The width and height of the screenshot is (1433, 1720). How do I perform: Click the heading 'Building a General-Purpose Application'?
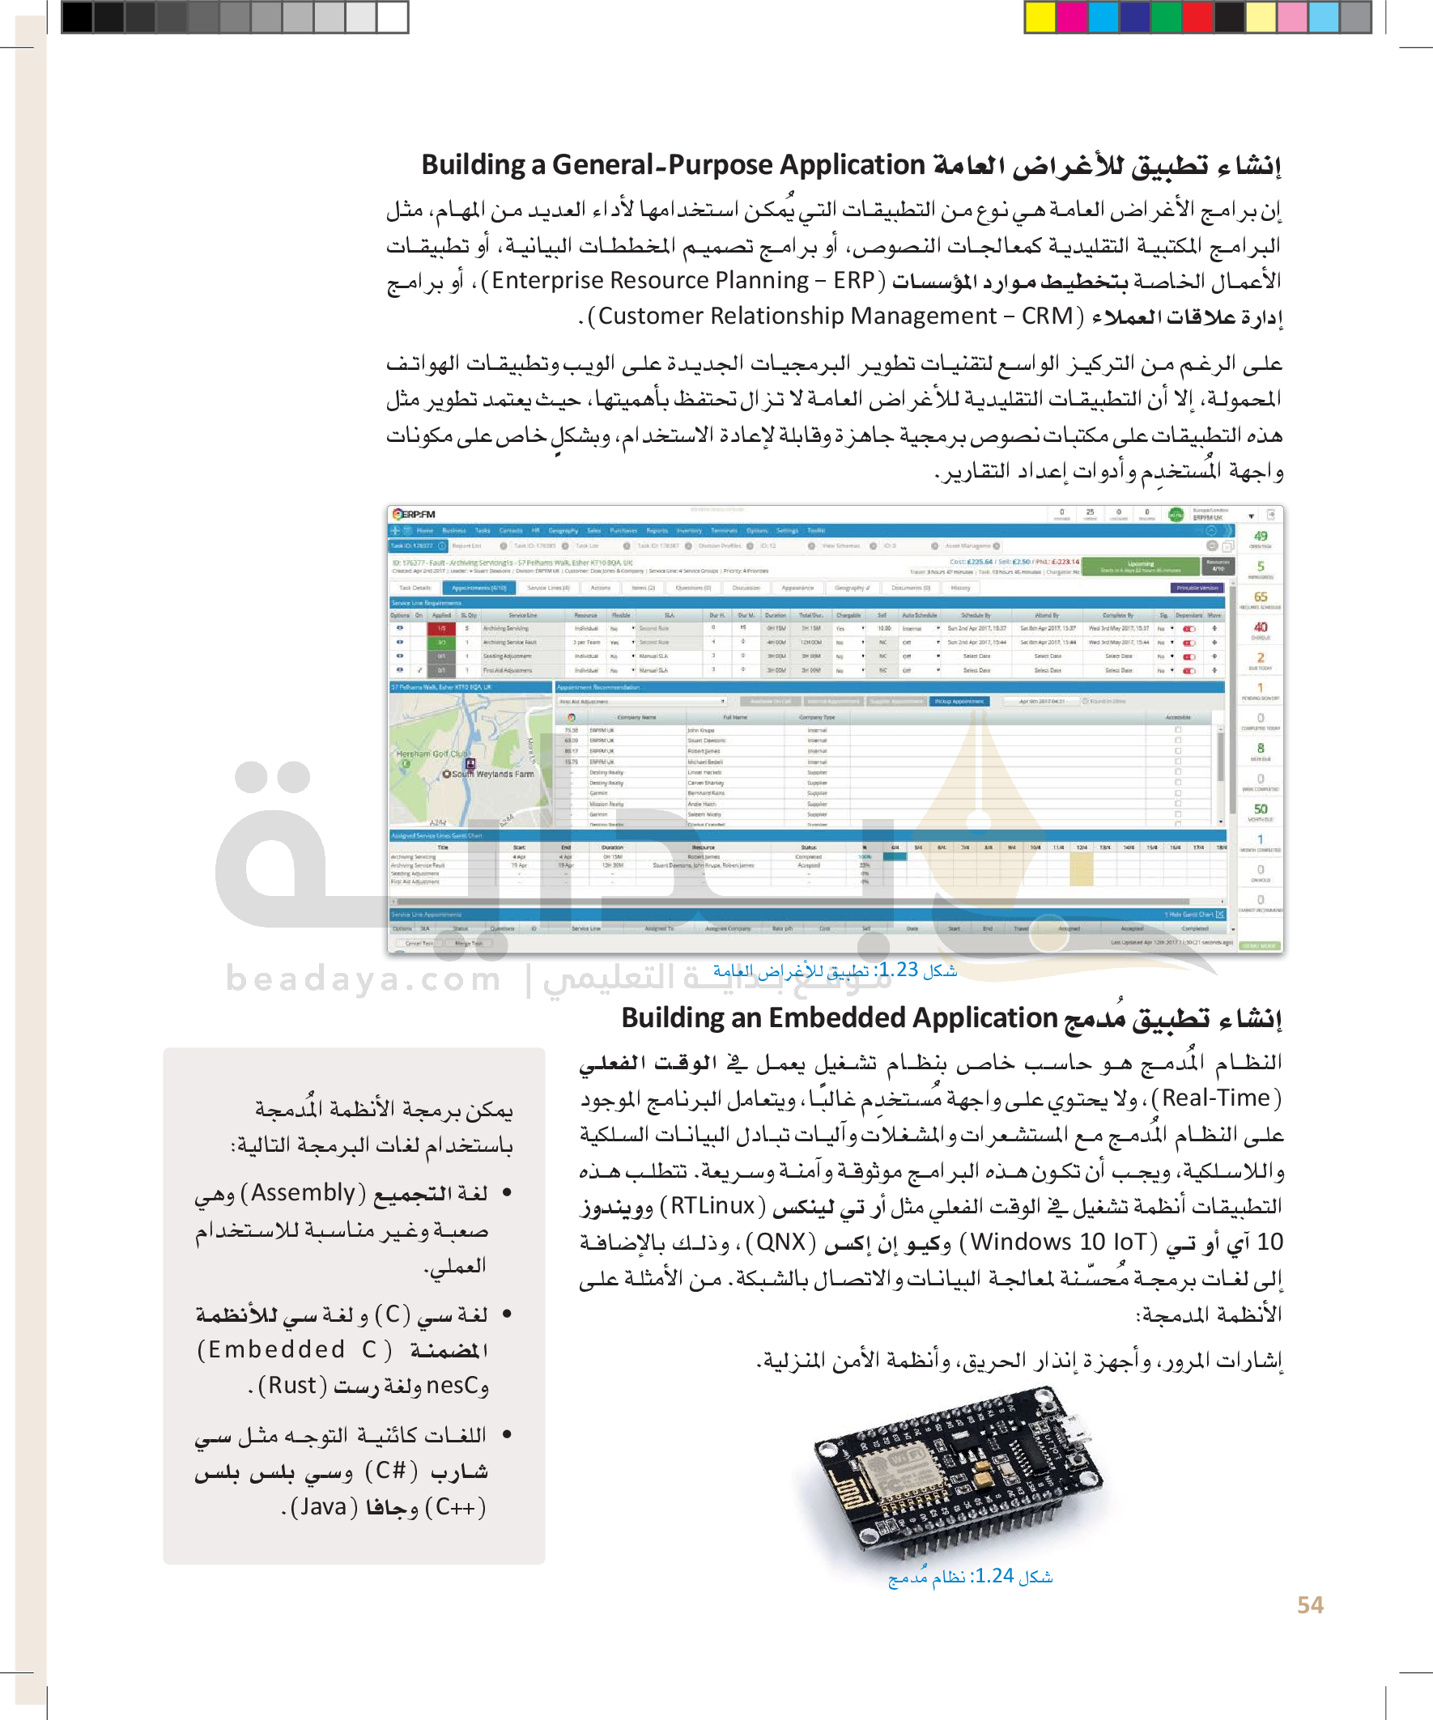673,165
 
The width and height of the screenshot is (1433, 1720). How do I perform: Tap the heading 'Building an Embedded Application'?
839,1018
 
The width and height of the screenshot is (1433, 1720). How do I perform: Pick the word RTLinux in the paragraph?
712,1207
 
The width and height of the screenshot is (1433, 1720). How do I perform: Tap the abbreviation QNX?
780,1242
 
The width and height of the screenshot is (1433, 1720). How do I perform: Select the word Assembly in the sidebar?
303,1193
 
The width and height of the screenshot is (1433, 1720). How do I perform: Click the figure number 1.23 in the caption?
899,970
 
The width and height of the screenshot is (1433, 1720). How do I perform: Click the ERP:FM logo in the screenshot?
415,514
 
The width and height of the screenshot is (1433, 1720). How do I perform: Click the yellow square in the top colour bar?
1040,16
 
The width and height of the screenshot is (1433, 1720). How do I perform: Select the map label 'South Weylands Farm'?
492,774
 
